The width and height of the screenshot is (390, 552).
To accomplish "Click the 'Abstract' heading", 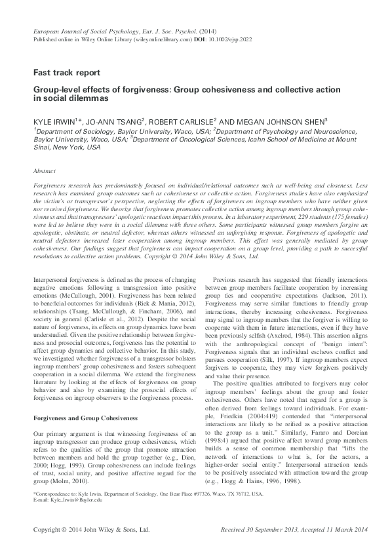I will point(45,170).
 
